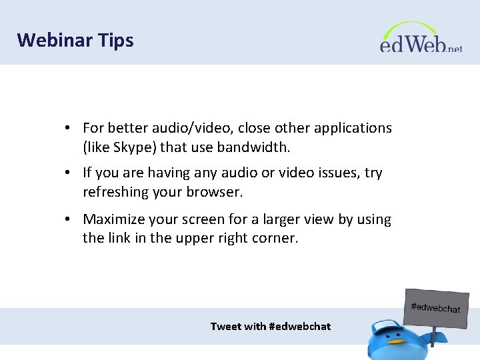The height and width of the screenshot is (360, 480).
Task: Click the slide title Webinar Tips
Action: [x=75, y=40]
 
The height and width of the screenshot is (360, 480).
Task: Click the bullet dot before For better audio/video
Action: [x=69, y=128]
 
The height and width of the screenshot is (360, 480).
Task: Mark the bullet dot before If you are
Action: [x=69, y=173]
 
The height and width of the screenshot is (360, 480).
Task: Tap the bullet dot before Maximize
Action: [x=69, y=220]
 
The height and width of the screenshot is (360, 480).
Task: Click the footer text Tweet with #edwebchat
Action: [x=270, y=326]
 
